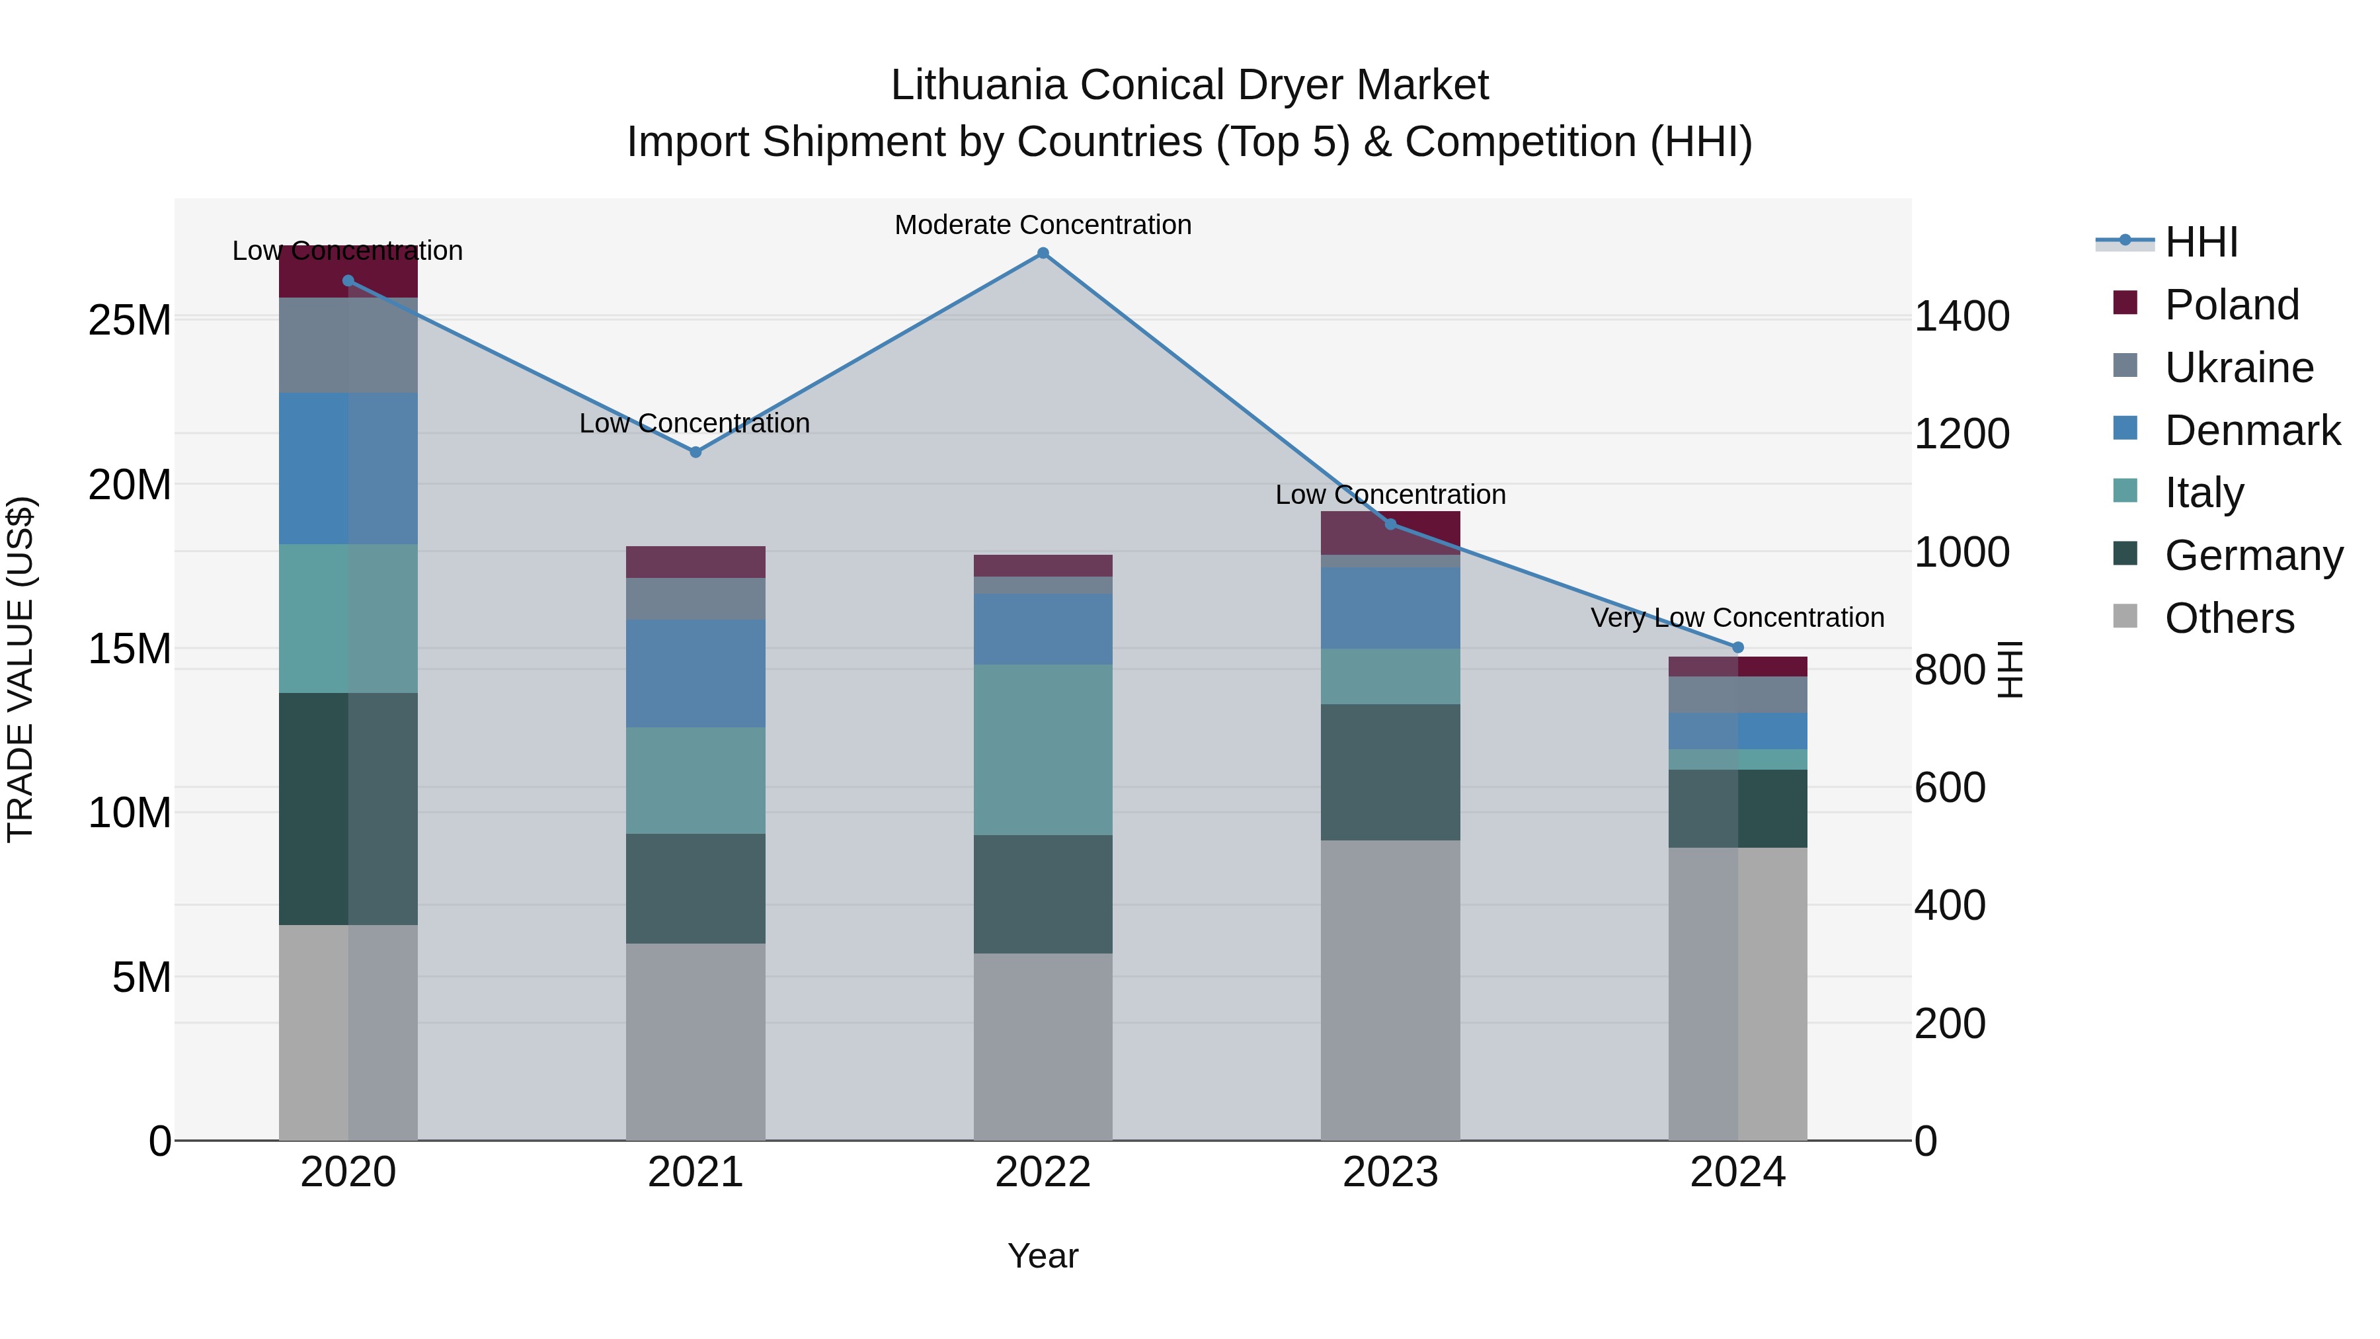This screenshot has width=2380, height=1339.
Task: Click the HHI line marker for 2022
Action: click(x=1043, y=253)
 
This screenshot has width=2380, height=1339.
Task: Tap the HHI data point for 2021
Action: click(x=695, y=452)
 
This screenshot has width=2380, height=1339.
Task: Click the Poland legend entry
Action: click(x=2231, y=305)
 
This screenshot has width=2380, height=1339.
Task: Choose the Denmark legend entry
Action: click(x=2252, y=430)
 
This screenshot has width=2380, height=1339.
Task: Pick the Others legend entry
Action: click(x=2229, y=618)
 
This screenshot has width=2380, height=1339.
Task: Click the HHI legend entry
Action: click(x=2201, y=242)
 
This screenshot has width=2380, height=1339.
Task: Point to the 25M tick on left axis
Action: click(x=130, y=321)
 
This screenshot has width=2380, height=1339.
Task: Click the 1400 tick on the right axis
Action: click(x=1962, y=316)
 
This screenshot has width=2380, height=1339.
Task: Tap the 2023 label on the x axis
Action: click(x=1390, y=1172)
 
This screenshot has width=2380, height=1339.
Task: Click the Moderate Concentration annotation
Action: click(x=1043, y=225)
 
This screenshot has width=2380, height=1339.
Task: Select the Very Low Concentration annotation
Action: click(x=1737, y=618)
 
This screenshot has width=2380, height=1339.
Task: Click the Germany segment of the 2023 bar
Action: click(x=1390, y=772)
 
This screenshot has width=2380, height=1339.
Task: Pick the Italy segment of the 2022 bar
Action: click(x=1043, y=749)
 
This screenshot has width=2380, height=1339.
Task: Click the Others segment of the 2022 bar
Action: click(x=1043, y=1046)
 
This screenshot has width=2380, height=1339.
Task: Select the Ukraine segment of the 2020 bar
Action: click(x=348, y=346)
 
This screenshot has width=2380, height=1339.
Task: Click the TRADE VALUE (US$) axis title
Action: click(x=20, y=669)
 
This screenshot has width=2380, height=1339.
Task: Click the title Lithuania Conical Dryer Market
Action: click(x=1189, y=85)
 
